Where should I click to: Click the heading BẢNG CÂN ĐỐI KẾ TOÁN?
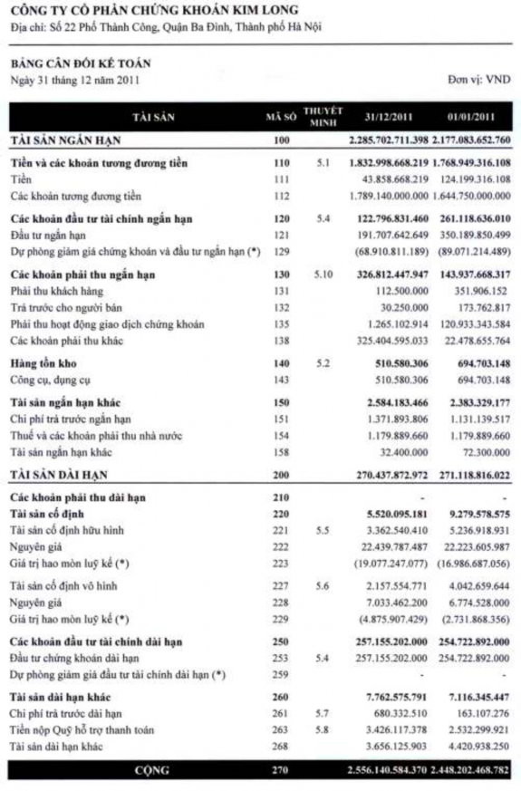pos(81,63)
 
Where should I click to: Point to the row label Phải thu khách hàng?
pos(56,291)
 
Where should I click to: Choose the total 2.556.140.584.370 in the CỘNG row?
pos(389,769)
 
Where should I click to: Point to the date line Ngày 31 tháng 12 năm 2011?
pos(63,79)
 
